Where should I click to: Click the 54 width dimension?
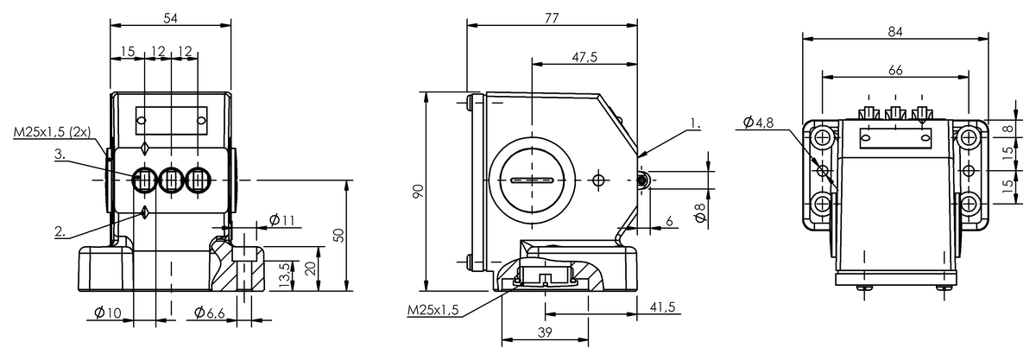(x=171, y=18)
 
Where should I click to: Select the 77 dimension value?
(x=552, y=18)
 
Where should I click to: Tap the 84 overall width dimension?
(x=895, y=31)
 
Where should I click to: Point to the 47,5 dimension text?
(x=584, y=57)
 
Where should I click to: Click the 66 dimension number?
(x=895, y=70)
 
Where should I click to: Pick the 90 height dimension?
(x=418, y=191)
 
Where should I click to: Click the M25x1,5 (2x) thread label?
(x=52, y=132)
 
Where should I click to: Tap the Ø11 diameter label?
(x=281, y=220)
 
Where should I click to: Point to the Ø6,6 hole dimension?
(x=210, y=313)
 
